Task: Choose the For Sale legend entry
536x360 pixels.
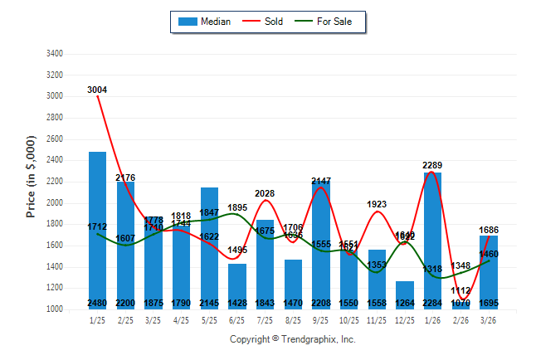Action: (x=331, y=22)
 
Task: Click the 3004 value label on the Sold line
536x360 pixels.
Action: (x=97, y=90)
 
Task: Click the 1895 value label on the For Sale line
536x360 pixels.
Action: (x=238, y=207)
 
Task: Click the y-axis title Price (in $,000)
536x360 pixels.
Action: (x=31, y=178)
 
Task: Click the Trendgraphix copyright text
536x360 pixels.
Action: (x=292, y=339)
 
